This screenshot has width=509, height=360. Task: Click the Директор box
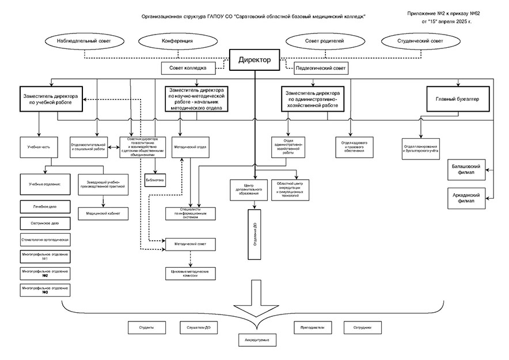[254, 59]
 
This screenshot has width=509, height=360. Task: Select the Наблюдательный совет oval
[84, 42]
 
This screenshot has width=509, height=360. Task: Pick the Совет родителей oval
[324, 42]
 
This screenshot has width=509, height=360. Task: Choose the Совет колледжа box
[188, 69]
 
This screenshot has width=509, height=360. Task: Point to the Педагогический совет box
[321, 69]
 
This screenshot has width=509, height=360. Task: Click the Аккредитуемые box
[257, 340]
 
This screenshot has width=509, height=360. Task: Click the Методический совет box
[191, 244]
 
